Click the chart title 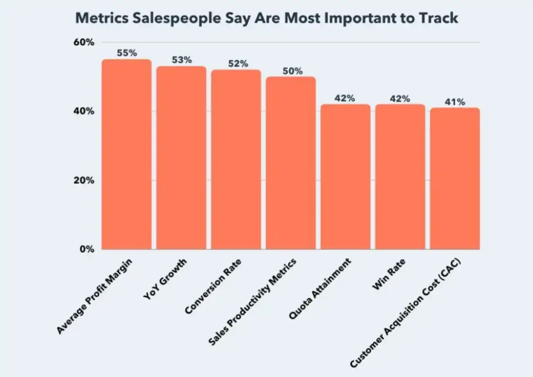tap(267, 18)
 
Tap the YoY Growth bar tap(181, 158)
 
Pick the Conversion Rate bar tap(236, 160)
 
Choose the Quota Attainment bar tap(345, 177)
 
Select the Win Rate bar tap(400, 177)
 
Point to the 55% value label tap(127, 53)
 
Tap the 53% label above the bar tap(181, 60)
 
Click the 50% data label tap(291, 70)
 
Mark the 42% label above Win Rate tap(400, 98)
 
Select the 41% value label tap(455, 102)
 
